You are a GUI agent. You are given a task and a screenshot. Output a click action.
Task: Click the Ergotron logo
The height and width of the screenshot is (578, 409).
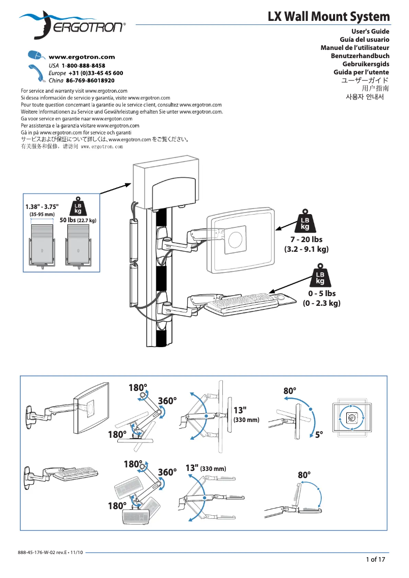coord(71,25)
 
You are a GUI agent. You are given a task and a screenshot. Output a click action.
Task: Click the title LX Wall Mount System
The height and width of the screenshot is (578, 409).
coord(328,17)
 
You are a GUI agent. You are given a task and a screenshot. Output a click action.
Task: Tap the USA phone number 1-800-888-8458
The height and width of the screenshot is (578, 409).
coord(83,66)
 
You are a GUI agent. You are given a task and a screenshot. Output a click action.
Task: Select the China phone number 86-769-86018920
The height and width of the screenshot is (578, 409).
coord(90,81)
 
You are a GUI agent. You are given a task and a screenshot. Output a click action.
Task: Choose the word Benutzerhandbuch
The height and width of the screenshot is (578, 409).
coord(360,56)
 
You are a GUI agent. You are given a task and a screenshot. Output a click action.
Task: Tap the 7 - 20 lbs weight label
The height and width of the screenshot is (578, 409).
coord(306,239)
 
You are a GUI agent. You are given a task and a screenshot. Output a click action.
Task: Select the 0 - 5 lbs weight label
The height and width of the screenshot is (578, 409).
coord(321,294)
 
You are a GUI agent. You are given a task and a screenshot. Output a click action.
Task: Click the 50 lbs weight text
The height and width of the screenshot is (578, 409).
coord(78,220)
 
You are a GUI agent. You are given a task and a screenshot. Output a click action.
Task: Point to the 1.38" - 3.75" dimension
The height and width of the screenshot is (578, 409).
coord(42,207)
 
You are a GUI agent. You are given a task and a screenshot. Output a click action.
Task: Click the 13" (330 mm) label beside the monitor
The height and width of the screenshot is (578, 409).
coord(246,415)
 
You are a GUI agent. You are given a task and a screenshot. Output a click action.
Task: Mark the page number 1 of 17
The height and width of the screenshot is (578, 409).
coord(375,559)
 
